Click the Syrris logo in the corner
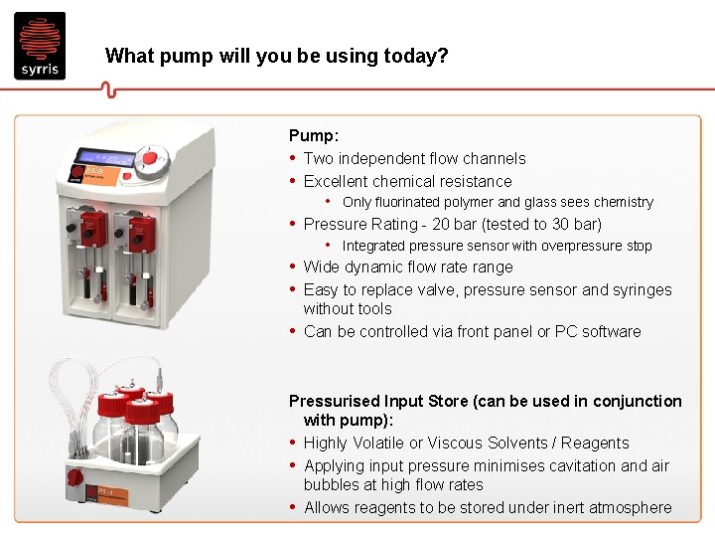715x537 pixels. (x=40, y=45)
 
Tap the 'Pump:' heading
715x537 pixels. (x=313, y=135)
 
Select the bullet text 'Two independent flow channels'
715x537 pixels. (x=414, y=158)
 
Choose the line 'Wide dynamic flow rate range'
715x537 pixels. (x=408, y=267)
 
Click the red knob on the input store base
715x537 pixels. (x=74, y=476)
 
